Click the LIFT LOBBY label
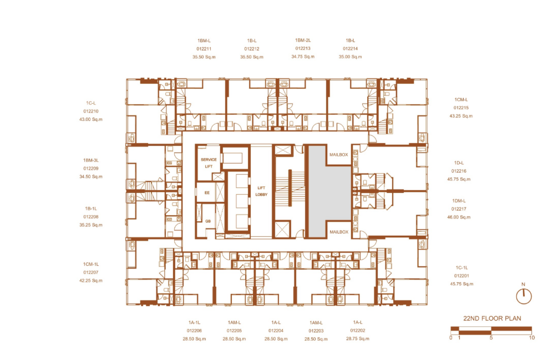click(x=261, y=191)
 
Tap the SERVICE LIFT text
click(x=209, y=163)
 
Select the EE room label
click(x=207, y=192)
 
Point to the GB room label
click(x=208, y=221)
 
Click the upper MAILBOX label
click(x=338, y=154)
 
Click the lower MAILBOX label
click(x=338, y=232)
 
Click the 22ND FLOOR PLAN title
click(x=492, y=318)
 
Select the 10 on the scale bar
click(x=531, y=338)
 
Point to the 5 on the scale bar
click(x=491, y=338)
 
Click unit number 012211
click(x=204, y=49)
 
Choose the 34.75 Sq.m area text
click(x=303, y=57)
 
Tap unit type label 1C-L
click(x=90, y=103)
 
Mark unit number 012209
click(x=90, y=169)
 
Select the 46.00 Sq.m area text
click(x=459, y=217)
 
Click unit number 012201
click(x=461, y=276)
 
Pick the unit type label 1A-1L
click(x=194, y=322)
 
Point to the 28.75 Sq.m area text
click(x=358, y=338)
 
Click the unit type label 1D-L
click(x=459, y=163)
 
